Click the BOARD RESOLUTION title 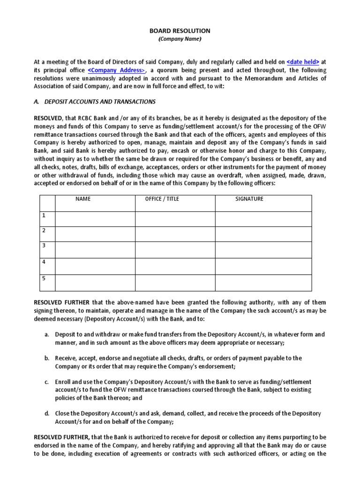pos(180,30)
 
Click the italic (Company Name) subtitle pos(180,39)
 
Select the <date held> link pos(303,62)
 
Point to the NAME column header pos(83,199)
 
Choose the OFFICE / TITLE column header pos(162,199)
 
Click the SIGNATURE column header pos(249,199)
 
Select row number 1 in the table pos(44,216)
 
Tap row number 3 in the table pos(44,246)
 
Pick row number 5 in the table pos(44,278)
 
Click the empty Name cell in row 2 pos(95,234)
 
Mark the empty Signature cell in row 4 pos(263,266)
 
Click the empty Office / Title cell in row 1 pos(175,219)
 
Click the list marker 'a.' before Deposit pos(47,335)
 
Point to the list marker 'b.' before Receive pos(47,358)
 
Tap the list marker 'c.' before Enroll pos(47,382)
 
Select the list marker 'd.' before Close pos(47,413)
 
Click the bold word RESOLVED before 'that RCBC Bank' pos(49,118)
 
